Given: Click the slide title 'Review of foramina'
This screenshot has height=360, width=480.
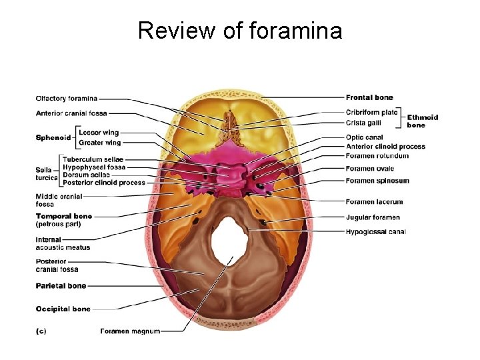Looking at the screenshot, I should pyautogui.click(x=240, y=30).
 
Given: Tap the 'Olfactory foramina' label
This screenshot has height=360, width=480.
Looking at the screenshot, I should pyautogui.click(x=67, y=99).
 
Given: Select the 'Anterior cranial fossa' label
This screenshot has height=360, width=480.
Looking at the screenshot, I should pyautogui.click(x=71, y=113).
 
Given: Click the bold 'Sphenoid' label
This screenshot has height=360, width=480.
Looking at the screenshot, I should pyautogui.click(x=53, y=137).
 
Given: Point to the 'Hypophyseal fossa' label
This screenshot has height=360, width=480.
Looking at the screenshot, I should pyautogui.click(x=94, y=167).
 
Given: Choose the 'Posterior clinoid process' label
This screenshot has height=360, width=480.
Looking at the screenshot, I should pyautogui.click(x=104, y=182).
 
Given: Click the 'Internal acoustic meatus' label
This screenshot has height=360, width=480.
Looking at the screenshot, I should pyautogui.click(x=63, y=243).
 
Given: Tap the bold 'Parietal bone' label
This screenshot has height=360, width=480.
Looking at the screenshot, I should pyautogui.click(x=61, y=286).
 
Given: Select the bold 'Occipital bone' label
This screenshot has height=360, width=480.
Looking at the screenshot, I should pyautogui.click(x=63, y=309).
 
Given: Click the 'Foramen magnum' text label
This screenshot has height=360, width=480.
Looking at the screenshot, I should pyautogui.click(x=130, y=331).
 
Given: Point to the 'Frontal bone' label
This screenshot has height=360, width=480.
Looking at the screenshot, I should pyautogui.click(x=369, y=98).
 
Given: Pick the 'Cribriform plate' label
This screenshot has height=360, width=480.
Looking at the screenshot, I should pyautogui.click(x=371, y=112).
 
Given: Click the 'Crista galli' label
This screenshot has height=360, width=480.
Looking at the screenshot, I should pyautogui.click(x=363, y=122).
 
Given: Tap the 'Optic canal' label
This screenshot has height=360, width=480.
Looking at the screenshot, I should pyautogui.click(x=364, y=138).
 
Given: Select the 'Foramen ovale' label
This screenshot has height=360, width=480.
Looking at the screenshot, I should pyautogui.click(x=370, y=169).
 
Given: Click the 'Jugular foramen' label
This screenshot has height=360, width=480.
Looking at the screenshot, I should pyautogui.click(x=373, y=217).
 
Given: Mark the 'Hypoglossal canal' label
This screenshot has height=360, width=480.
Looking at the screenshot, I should pyautogui.click(x=375, y=232).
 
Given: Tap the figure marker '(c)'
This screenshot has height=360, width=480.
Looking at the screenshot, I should pyautogui.click(x=41, y=331).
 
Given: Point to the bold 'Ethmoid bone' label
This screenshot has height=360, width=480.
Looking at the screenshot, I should pyautogui.click(x=423, y=121).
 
